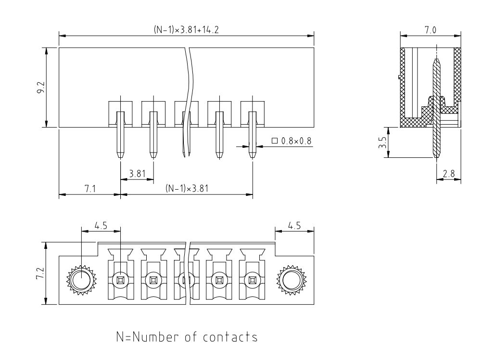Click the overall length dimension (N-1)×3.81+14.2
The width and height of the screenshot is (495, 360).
186,29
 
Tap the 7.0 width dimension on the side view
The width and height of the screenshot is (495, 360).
431,29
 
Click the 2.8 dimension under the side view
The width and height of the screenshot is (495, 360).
449,174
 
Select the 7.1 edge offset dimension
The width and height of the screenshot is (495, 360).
89,189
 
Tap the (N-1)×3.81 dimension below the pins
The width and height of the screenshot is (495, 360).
186,189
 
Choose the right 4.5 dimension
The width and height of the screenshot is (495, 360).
294,225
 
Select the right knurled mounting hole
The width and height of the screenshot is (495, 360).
291,280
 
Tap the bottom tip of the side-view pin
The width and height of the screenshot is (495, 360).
436,157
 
